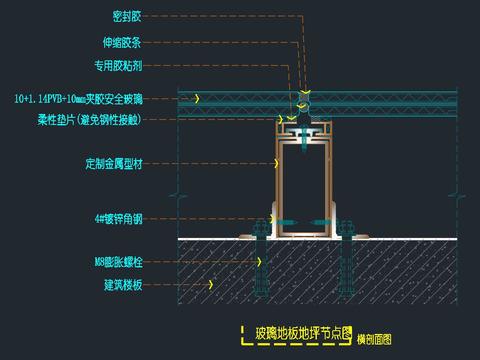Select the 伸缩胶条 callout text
[123, 43]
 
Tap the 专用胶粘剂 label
[118, 69]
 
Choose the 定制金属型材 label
[112, 161]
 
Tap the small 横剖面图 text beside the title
[373, 339]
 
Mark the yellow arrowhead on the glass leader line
[198, 99]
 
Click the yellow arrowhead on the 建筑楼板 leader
[212, 284]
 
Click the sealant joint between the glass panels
[302, 98]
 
